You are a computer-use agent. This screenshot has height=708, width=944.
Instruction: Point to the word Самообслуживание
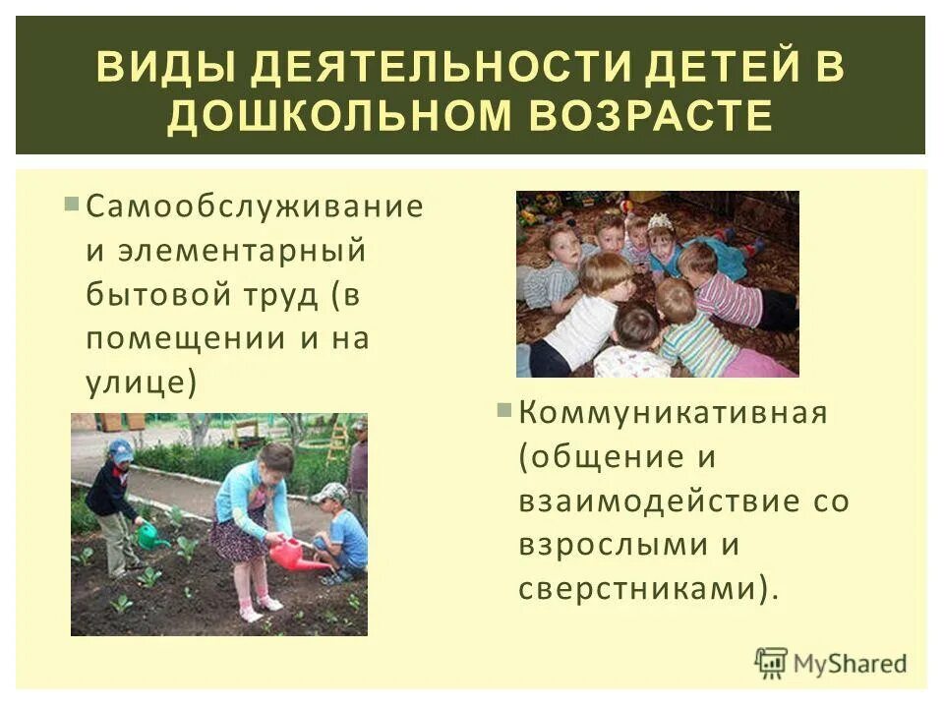pos(255,206)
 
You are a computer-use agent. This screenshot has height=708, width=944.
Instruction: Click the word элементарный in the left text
pos(226,251)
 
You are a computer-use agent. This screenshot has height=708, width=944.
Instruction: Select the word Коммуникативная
pos(674,412)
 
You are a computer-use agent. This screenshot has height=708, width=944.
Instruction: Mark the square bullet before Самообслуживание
pos(72,206)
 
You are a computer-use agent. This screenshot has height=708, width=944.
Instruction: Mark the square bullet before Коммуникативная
pos(504,410)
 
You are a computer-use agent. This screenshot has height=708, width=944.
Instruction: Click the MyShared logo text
pos(851,664)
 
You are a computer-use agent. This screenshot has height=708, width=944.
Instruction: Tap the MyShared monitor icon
pos(773,662)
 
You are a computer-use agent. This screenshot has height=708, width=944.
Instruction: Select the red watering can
pos(291,556)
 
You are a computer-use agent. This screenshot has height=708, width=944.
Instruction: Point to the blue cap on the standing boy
pos(121,449)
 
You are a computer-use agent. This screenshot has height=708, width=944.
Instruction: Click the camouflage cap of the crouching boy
pos(331,492)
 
